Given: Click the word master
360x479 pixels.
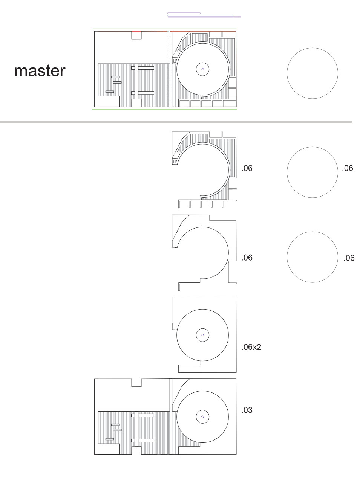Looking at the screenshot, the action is (40, 71).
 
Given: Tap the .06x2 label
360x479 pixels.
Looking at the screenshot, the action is (251, 347).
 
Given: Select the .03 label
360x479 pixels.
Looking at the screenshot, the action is (247, 410).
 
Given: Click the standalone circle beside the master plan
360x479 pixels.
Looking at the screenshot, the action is (313, 48).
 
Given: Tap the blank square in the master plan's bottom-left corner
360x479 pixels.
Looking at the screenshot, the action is (109, 101).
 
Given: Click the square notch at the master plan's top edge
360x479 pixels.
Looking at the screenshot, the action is (136, 35).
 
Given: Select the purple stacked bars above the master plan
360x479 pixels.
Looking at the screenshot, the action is (204, 15).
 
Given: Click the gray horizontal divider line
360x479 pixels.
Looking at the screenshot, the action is (176, 122).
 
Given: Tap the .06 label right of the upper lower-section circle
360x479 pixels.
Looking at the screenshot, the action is (348, 168).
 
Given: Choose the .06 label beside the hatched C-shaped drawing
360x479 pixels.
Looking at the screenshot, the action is (247, 168).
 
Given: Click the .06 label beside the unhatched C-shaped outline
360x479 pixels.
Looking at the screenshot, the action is (247, 258).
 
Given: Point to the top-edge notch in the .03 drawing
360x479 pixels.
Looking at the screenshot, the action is (136, 383).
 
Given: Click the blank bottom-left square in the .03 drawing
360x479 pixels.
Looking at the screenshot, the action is (109, 449).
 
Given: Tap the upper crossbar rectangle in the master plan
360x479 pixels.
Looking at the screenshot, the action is (142, 68).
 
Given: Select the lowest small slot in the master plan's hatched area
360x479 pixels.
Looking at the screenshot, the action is (110, 92).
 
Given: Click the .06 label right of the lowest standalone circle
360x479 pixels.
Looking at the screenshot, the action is (349, 258).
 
